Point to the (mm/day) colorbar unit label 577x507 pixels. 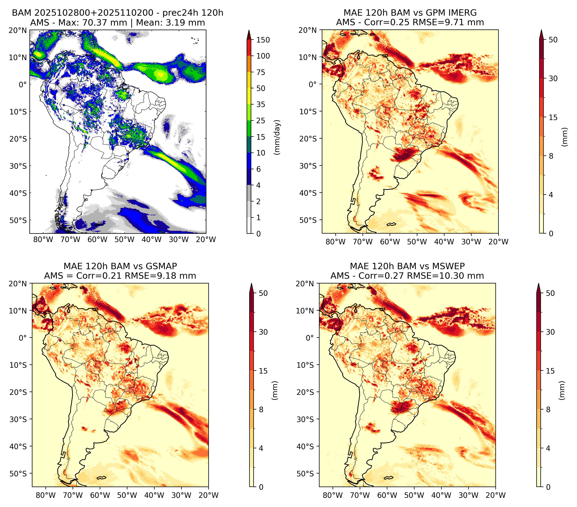278,137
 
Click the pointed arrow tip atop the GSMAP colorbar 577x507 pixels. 251,283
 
